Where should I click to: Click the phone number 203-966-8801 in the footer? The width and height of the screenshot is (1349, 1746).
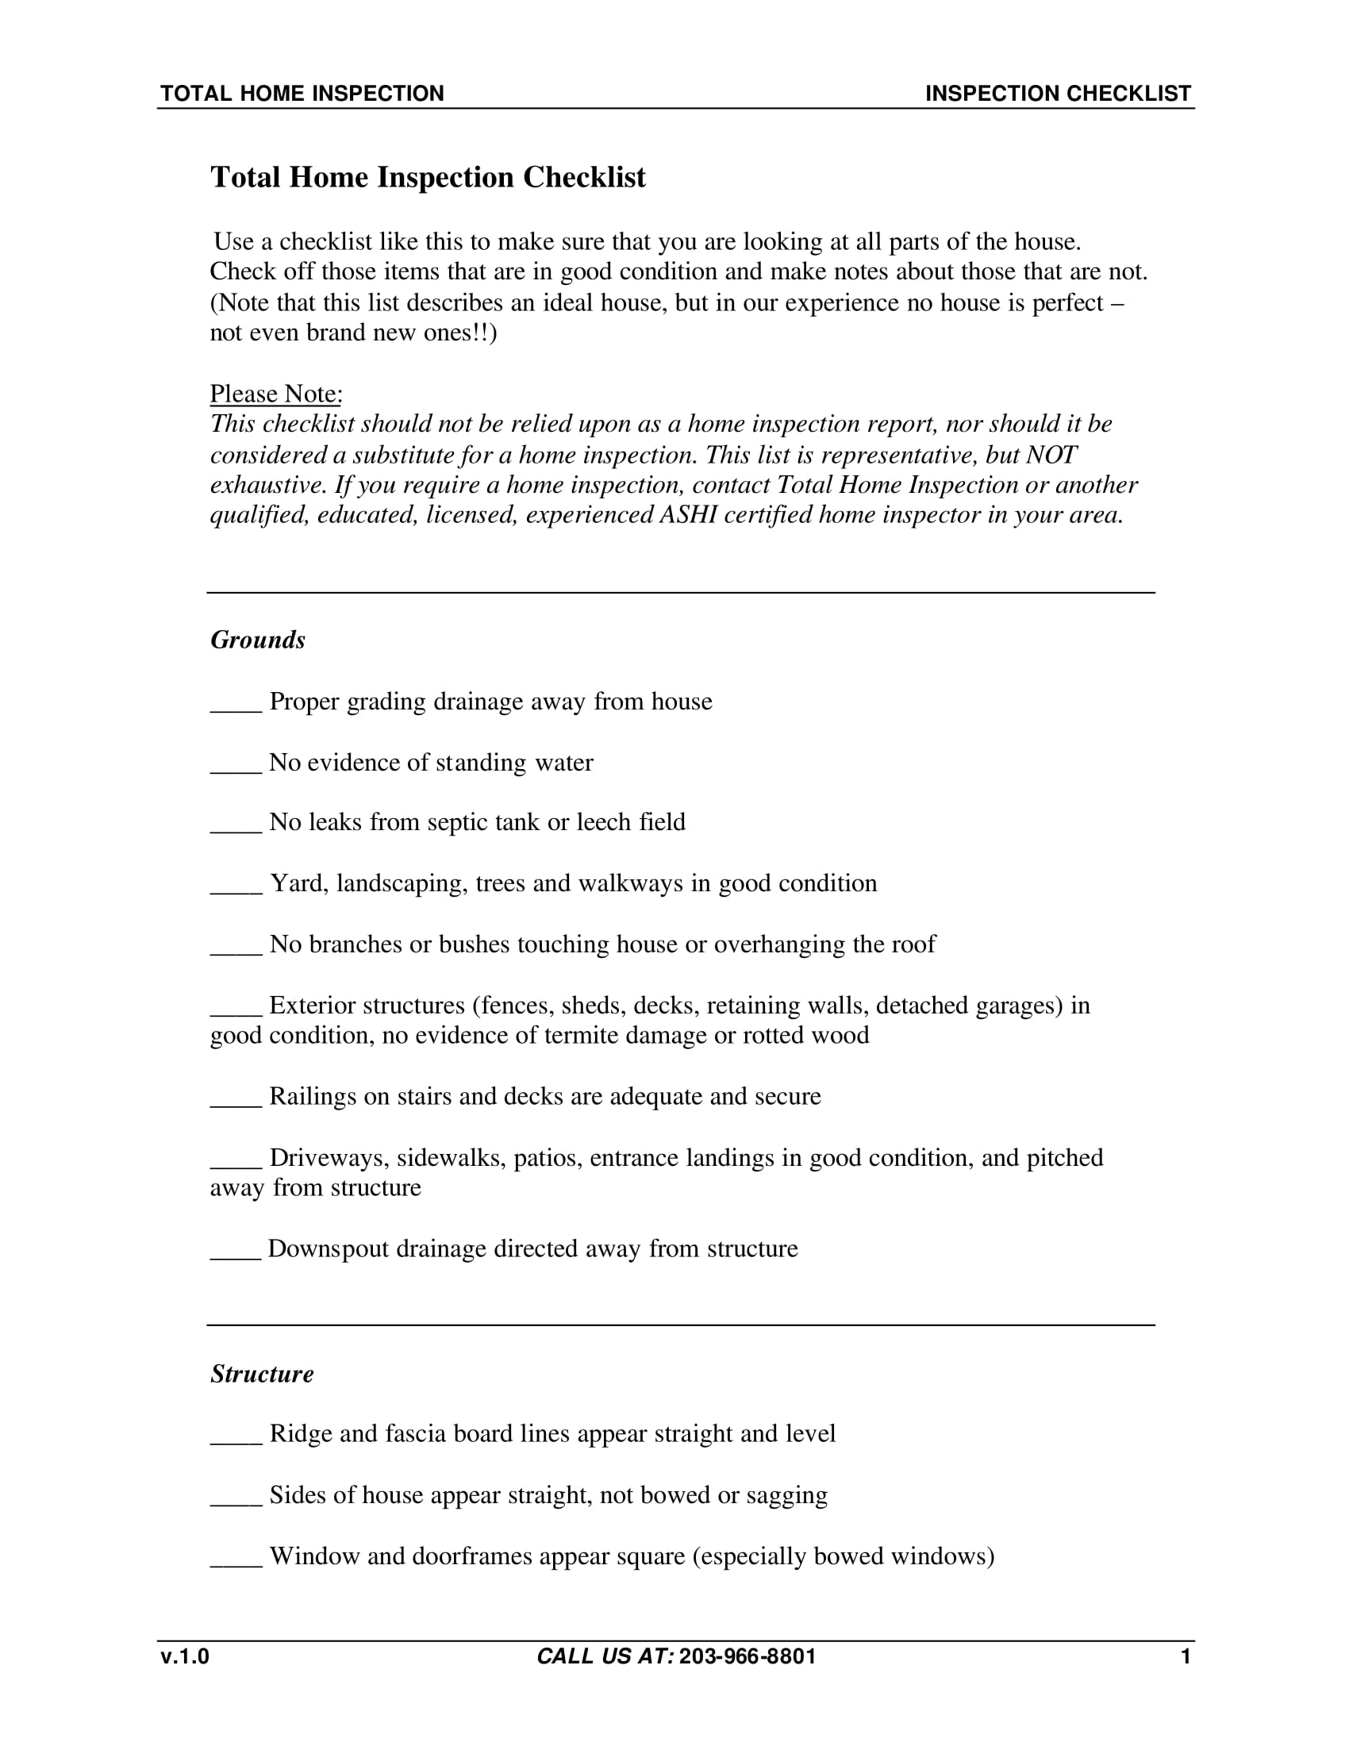pos(747,1656)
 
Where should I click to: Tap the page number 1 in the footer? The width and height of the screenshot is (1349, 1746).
pos(1186,1656)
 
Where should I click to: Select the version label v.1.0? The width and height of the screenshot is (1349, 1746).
pos(185,1656)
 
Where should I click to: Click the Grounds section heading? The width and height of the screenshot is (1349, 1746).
pos(257,640)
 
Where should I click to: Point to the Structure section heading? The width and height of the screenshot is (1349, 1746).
pos(261,1374)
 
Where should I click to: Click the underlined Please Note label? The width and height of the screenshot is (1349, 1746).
pos(275,394)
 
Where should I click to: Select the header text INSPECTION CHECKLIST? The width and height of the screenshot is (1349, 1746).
pos(1057,94)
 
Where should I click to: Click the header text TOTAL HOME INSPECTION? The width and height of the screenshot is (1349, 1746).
pos(302,94)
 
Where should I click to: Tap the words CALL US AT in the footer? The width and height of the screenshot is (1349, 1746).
pos(605,1656)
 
